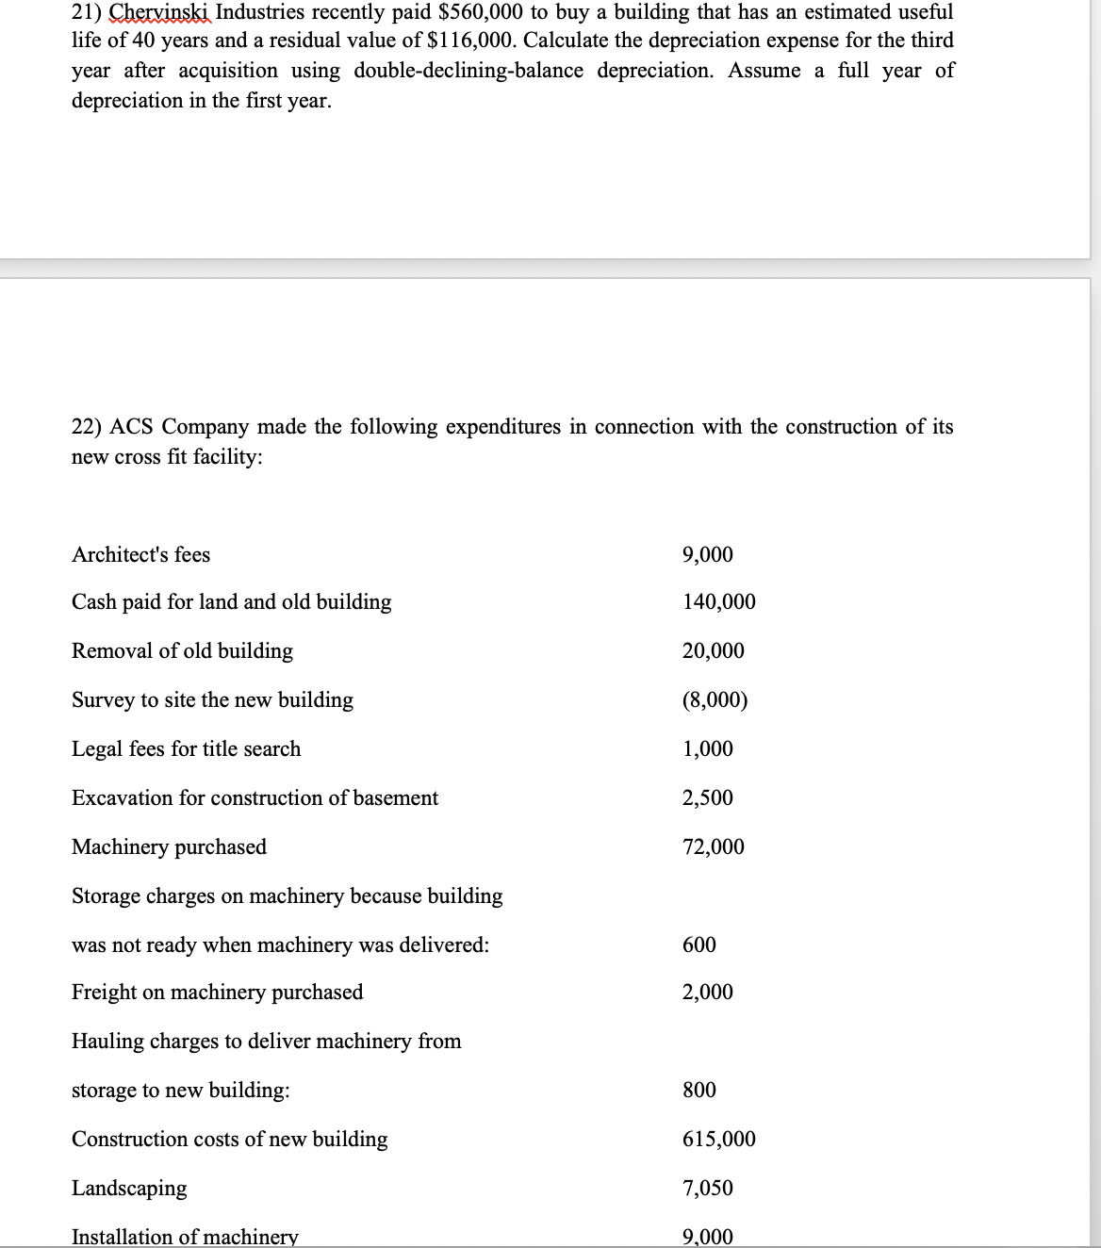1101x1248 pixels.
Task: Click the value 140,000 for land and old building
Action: (718, 602)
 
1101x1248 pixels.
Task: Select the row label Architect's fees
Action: (141, 555)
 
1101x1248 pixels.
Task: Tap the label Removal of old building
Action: (182, 651)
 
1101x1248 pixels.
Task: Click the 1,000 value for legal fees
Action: (707, 749)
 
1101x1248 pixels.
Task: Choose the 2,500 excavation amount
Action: (707, 798)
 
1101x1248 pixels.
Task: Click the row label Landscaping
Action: (129, 1189)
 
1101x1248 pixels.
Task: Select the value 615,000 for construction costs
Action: (718, 1140)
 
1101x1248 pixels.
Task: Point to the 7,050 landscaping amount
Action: (707, 1189)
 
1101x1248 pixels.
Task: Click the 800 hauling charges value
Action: (698, 1091)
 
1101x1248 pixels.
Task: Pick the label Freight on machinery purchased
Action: (217, 993)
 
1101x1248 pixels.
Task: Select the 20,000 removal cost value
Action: (713, 651)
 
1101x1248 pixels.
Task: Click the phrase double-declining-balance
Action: (468, 72)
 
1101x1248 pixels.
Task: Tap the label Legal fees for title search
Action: (187, 749)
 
